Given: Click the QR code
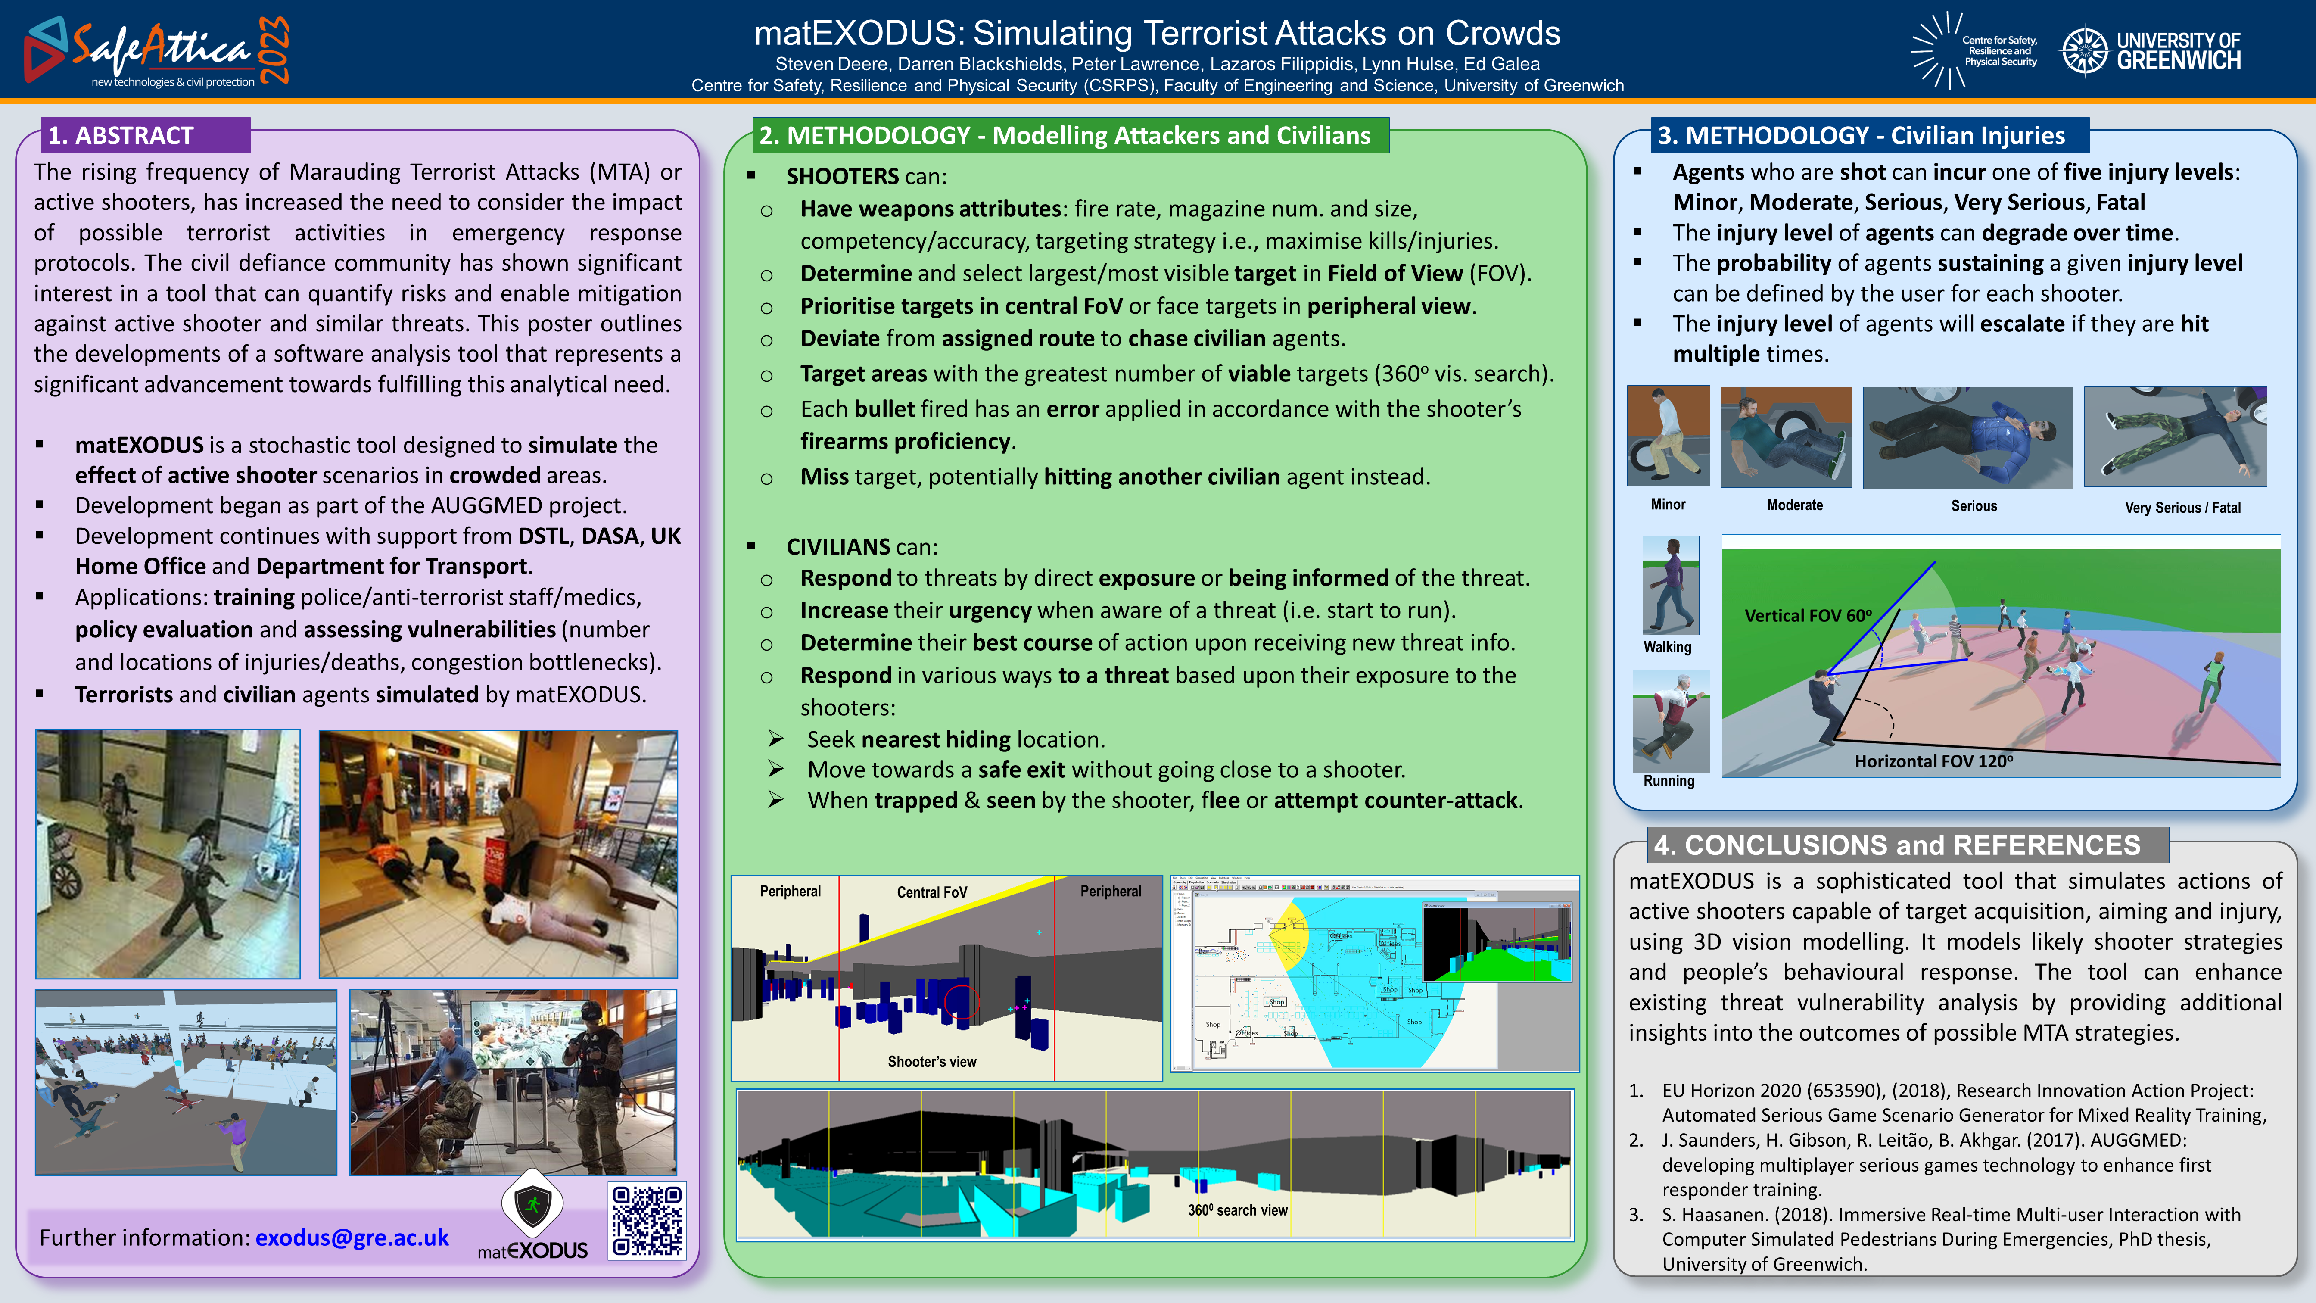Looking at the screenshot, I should pyautogui.click(x=647, y=1220).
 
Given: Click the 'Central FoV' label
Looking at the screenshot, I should pyautogui.click(x=931, y=892).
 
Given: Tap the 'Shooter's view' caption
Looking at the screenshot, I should pyautogui.click(x=931, y=1062).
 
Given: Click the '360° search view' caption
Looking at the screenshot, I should pyautogui.click(x=1237, y=1210).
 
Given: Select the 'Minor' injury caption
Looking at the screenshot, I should pyautogui.click(x=1668, y=505).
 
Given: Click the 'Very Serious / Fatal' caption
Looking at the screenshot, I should pyautogui.click(x=2182, y=507).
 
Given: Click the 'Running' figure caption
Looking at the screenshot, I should pyautogui.click(x=1669, y=780).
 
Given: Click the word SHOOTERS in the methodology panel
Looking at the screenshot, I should pyautogui.click(x=841, y=176).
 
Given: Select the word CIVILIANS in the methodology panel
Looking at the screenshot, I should pyautogui.click(x=838, y=547).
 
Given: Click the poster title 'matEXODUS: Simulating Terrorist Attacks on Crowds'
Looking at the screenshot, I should pyautogui.click(x=1157, y=33).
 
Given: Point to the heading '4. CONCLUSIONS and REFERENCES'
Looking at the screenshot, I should pyautogui.click(x=1897, y=845).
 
